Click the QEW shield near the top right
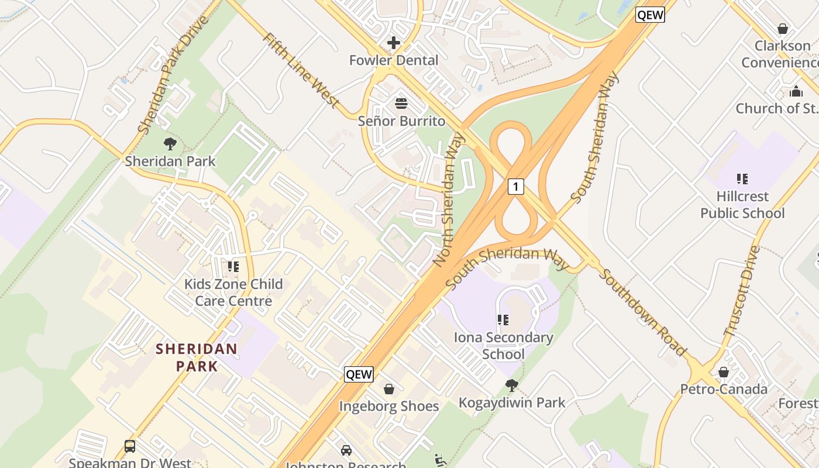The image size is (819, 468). click(651, 15)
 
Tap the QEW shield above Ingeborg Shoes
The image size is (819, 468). click(359, 374)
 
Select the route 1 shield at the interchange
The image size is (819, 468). click(515, 187)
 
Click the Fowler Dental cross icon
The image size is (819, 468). click(393, 43)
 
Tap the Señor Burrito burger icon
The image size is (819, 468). click(401, 104)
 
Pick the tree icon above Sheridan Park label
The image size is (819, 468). click(170, 143)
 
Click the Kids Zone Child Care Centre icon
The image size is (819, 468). click(233, 267)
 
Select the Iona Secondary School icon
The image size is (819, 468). click(503, 320)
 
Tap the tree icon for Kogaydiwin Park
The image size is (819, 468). click(512, 385)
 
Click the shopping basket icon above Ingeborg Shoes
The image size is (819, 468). click(389, 389)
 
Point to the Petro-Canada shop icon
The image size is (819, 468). click(724, 372)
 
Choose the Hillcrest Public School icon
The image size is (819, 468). click(742, 179)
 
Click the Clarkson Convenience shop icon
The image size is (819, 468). click(783, 28)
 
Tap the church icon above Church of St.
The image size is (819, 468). click(796, 91)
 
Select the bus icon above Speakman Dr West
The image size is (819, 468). click(130, 446)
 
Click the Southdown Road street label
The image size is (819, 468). click(642, 312)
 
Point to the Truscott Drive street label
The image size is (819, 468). click(742, 291)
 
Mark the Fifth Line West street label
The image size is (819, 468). click(301, 71)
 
